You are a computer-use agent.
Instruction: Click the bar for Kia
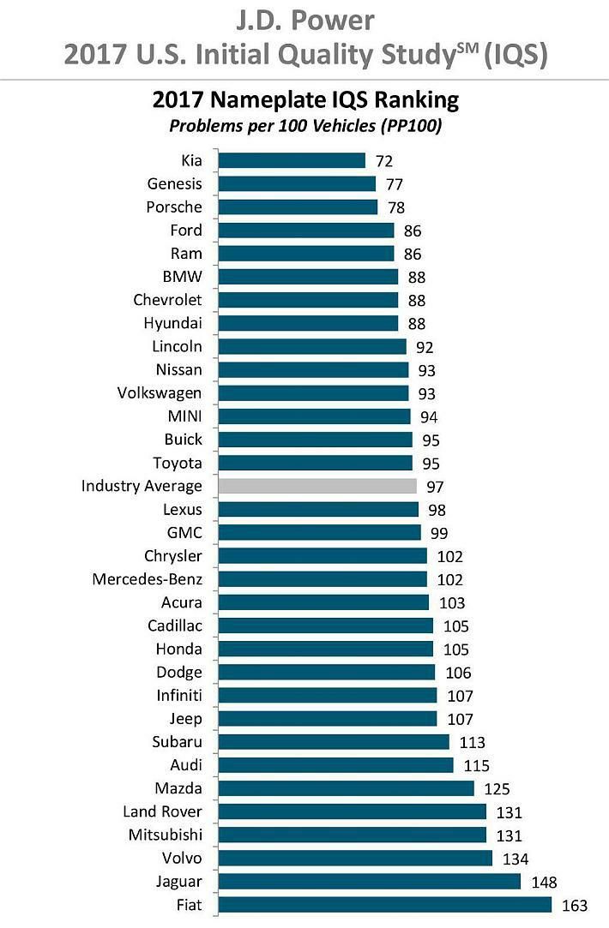click(x=292, y=160)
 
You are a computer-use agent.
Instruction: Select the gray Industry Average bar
click(x=317, y=486)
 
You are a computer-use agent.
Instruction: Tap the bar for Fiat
click(x=385, y=905)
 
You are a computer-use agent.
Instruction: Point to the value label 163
click(x=576, y=905)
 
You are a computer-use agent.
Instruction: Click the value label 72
click(x=383, y=160)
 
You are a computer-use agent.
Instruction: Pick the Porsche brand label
click(x=174, y=207)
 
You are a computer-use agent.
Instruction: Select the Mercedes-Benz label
click(x=148, y=579)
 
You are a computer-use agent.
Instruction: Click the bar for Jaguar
click(x=370, y=882)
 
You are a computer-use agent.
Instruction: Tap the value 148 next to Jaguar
click(x=545, y=882)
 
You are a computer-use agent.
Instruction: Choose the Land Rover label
click(x=163, y=811)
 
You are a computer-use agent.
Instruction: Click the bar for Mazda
click(x=347, y=788)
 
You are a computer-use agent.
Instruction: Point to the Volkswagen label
click(x=160, y=393)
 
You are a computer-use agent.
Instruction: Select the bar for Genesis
click(x=297, y=183)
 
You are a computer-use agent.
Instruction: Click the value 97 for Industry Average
click(x=435, y=486)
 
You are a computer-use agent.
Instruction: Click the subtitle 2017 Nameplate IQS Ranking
click(x=305, y=100)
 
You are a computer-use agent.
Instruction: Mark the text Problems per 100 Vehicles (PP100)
click(x=304, y=125)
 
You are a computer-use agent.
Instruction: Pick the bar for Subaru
click(x=334, y=742)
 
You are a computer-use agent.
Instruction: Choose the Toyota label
click(x=178, y=463)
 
